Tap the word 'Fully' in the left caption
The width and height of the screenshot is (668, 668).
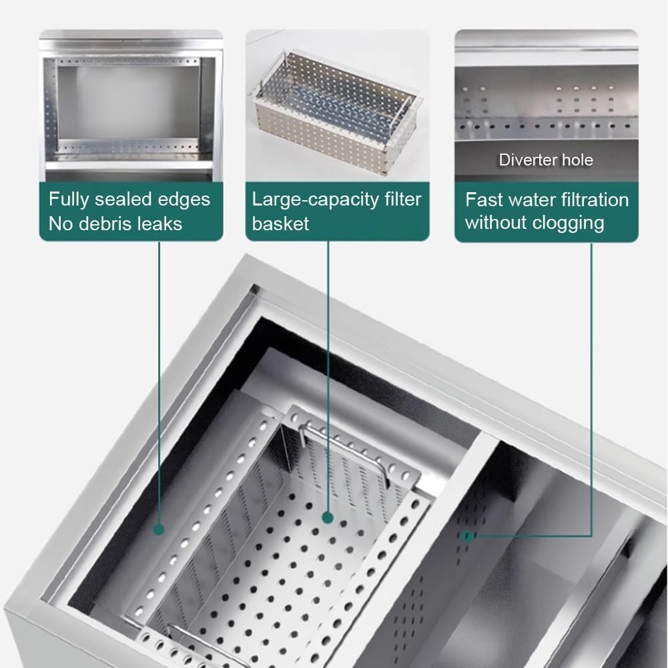(x=69, y=200)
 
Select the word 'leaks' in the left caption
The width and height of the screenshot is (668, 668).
(x=162, y=224)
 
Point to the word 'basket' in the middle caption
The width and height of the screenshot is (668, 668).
(x=280, y=224)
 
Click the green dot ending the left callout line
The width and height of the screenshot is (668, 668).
(x=159, y=530)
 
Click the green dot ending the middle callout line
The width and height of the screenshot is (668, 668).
(x=328, y=518)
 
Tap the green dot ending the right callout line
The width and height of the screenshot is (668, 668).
(x=468, y=536)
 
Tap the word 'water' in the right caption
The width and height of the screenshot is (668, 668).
(x=531, y=200)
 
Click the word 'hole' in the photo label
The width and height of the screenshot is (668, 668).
(x=577, y=159)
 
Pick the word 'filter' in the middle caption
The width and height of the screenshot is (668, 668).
(x=402, y=200)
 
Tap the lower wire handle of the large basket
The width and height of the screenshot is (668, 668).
(x=200, y=647)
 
